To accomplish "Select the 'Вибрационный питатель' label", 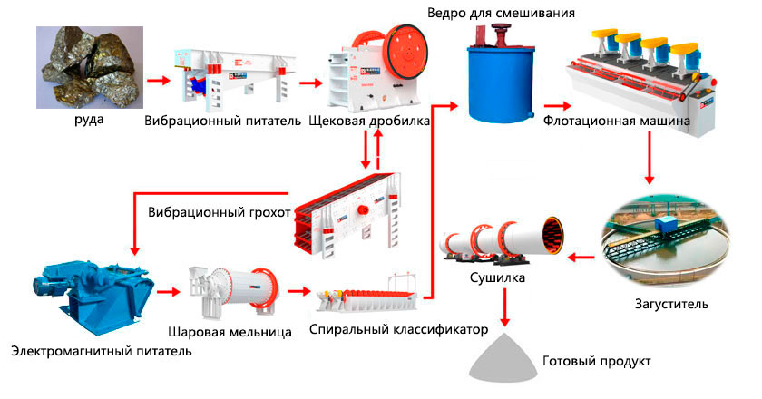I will (222, 121).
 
